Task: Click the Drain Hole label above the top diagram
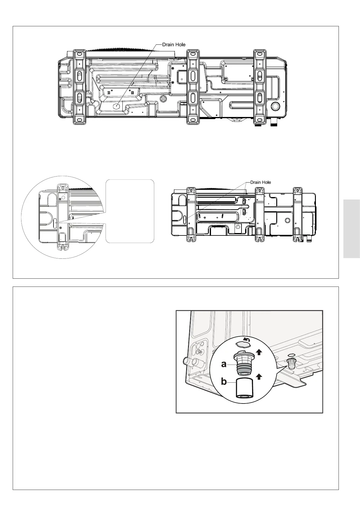tap(174, 44)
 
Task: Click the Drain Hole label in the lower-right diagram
tap(260, 182)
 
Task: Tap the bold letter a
tap(224, 364)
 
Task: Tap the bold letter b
tap(224, 381)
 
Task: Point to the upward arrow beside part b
tap(259, 376)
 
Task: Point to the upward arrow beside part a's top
tap(259, 352)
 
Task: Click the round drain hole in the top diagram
tap(116, 106)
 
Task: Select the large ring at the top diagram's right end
tap(276, 106)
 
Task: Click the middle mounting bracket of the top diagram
tap(192, 87)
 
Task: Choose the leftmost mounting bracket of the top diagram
tap(79, 87)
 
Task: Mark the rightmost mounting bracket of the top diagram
tap(259, 87)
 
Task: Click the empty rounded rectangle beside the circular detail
tap(130, 211)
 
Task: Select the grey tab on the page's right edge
tap(352, 229)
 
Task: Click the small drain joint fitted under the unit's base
tap(291, 364)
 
